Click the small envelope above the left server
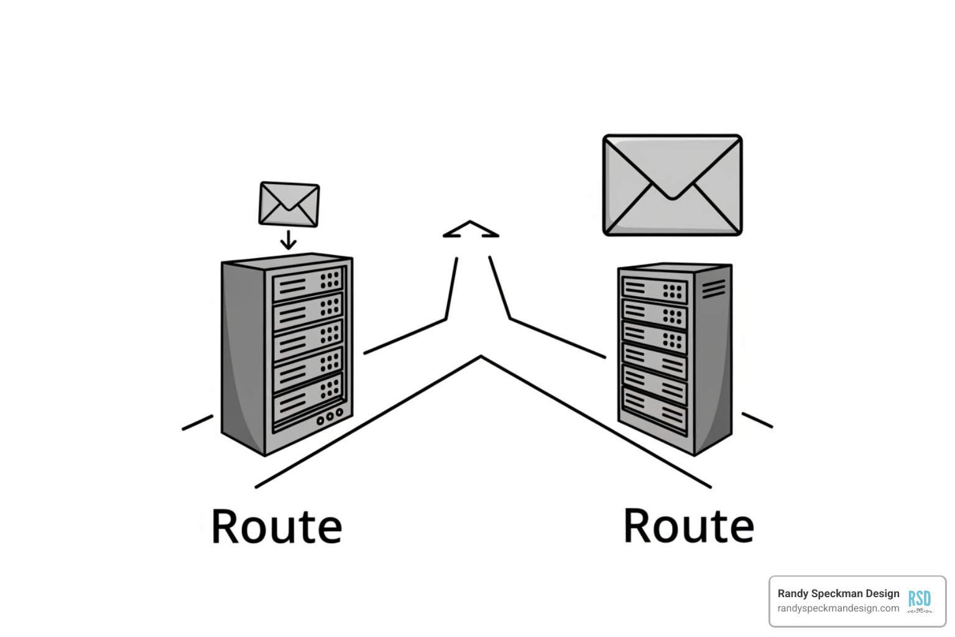[289, 204]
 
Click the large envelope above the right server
[672, 185]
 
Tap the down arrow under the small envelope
[288, 240]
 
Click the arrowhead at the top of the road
[471, 230]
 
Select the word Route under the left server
[277, 526]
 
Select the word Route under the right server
[688, 526]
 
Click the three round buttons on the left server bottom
[330, 417]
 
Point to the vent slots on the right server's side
[713, 289]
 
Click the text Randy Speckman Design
[838, 593]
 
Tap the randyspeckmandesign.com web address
[838, 608]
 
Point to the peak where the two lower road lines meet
[481, 357]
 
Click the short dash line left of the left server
[197, 423]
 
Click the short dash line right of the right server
[757, 420]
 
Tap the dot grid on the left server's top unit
[330, 279]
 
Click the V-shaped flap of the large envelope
[672, 180]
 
